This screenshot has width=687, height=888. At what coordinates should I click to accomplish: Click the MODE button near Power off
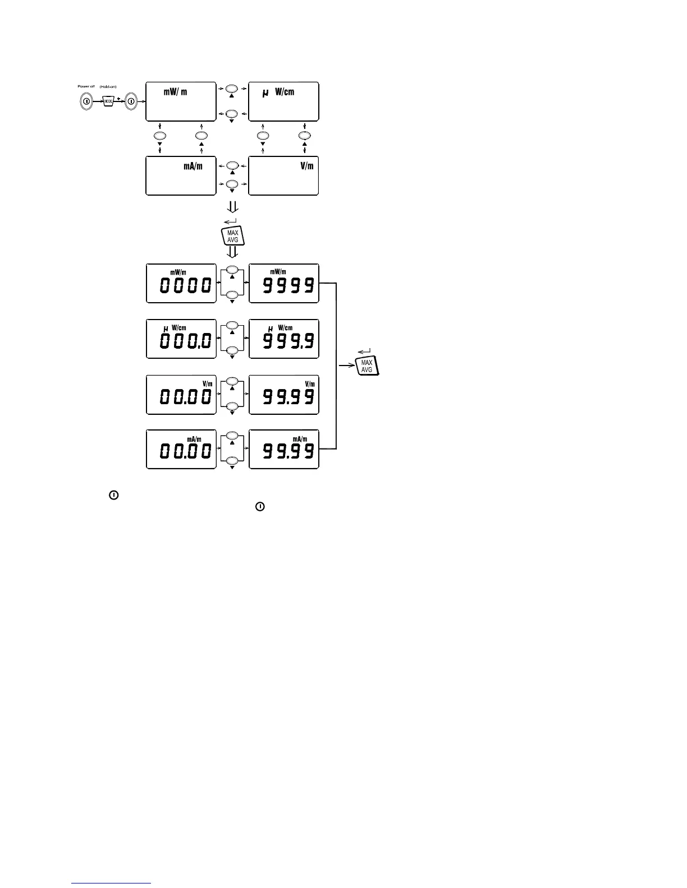pos(109,101)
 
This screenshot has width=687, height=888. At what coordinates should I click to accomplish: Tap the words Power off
pos(86,86)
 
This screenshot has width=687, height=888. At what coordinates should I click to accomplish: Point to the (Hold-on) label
pos(108,86)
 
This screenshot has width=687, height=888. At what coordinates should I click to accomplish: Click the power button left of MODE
pos(87,101)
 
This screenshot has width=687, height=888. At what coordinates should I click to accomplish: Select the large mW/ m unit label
pos(175,92)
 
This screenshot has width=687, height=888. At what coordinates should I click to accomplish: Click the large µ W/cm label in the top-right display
pos(279,92)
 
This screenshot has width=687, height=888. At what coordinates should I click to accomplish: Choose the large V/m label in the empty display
pos(306,166)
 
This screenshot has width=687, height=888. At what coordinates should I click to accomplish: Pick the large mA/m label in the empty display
pos(193,166)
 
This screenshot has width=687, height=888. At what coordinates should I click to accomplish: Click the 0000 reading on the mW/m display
pos(185,286)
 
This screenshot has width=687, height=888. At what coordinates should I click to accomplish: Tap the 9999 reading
pos(288,286)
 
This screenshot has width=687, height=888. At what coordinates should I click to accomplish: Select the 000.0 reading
pos(185,341)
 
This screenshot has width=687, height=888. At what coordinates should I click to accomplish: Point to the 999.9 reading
pos(288,341)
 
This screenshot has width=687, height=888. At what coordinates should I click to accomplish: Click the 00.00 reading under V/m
pos(185,397)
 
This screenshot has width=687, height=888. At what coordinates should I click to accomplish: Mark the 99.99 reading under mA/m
pos(288,451)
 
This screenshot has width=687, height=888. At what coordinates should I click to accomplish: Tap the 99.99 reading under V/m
pos(288,397)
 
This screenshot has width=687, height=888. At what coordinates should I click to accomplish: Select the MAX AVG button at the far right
pos(367,366)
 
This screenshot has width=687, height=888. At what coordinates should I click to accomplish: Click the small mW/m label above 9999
pos(278,272)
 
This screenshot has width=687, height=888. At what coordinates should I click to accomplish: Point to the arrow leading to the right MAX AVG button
pos(347,366)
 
